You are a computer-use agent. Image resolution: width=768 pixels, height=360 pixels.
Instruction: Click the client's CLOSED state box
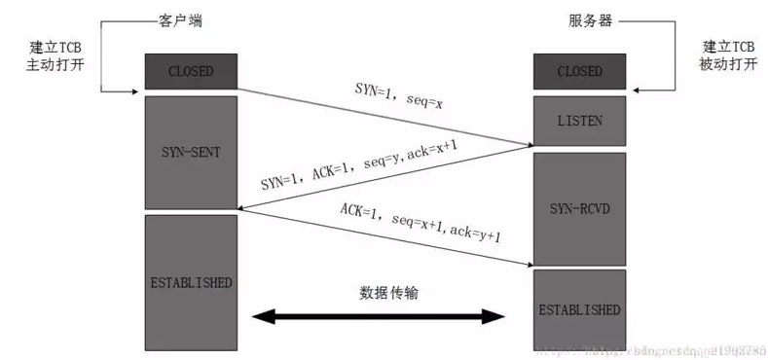[x=191, y=71]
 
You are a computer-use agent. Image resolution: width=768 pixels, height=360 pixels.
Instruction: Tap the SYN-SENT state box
[x=191, y=151]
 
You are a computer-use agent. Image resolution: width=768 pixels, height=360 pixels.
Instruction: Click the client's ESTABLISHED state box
[x=191, y=283]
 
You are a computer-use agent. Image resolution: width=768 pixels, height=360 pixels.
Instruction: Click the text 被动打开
[x=728, y=65]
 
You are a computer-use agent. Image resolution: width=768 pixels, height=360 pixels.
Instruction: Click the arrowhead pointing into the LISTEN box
[x=527, y=145]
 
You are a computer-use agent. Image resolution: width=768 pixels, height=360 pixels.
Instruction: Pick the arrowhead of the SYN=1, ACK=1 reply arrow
[x=245, y=206]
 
